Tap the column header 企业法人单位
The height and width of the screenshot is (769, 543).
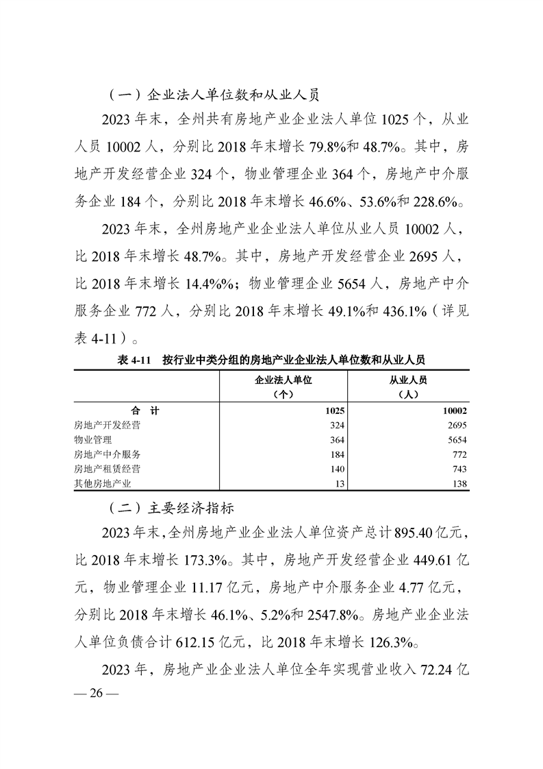(x=283, y=380)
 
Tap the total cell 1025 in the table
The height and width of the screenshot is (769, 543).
(x=331, y=411)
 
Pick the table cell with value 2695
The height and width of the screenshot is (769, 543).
(x=456, y=426)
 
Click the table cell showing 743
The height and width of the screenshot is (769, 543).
(x=459, y=469)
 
